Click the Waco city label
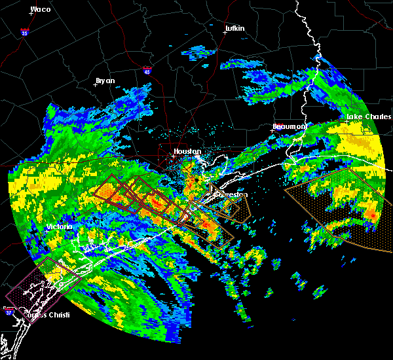tap(41, 9)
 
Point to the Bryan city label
tap(105, 81)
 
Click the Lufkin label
tap(234, 29)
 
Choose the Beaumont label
tap(290, 126)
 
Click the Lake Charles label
tap(364, 117)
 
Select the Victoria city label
tap(58, 226)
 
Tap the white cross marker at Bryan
tap(96, 84)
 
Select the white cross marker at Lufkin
tap(225, 33)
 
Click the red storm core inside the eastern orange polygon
tap(373, 215)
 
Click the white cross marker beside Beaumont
tap(272, 130)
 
